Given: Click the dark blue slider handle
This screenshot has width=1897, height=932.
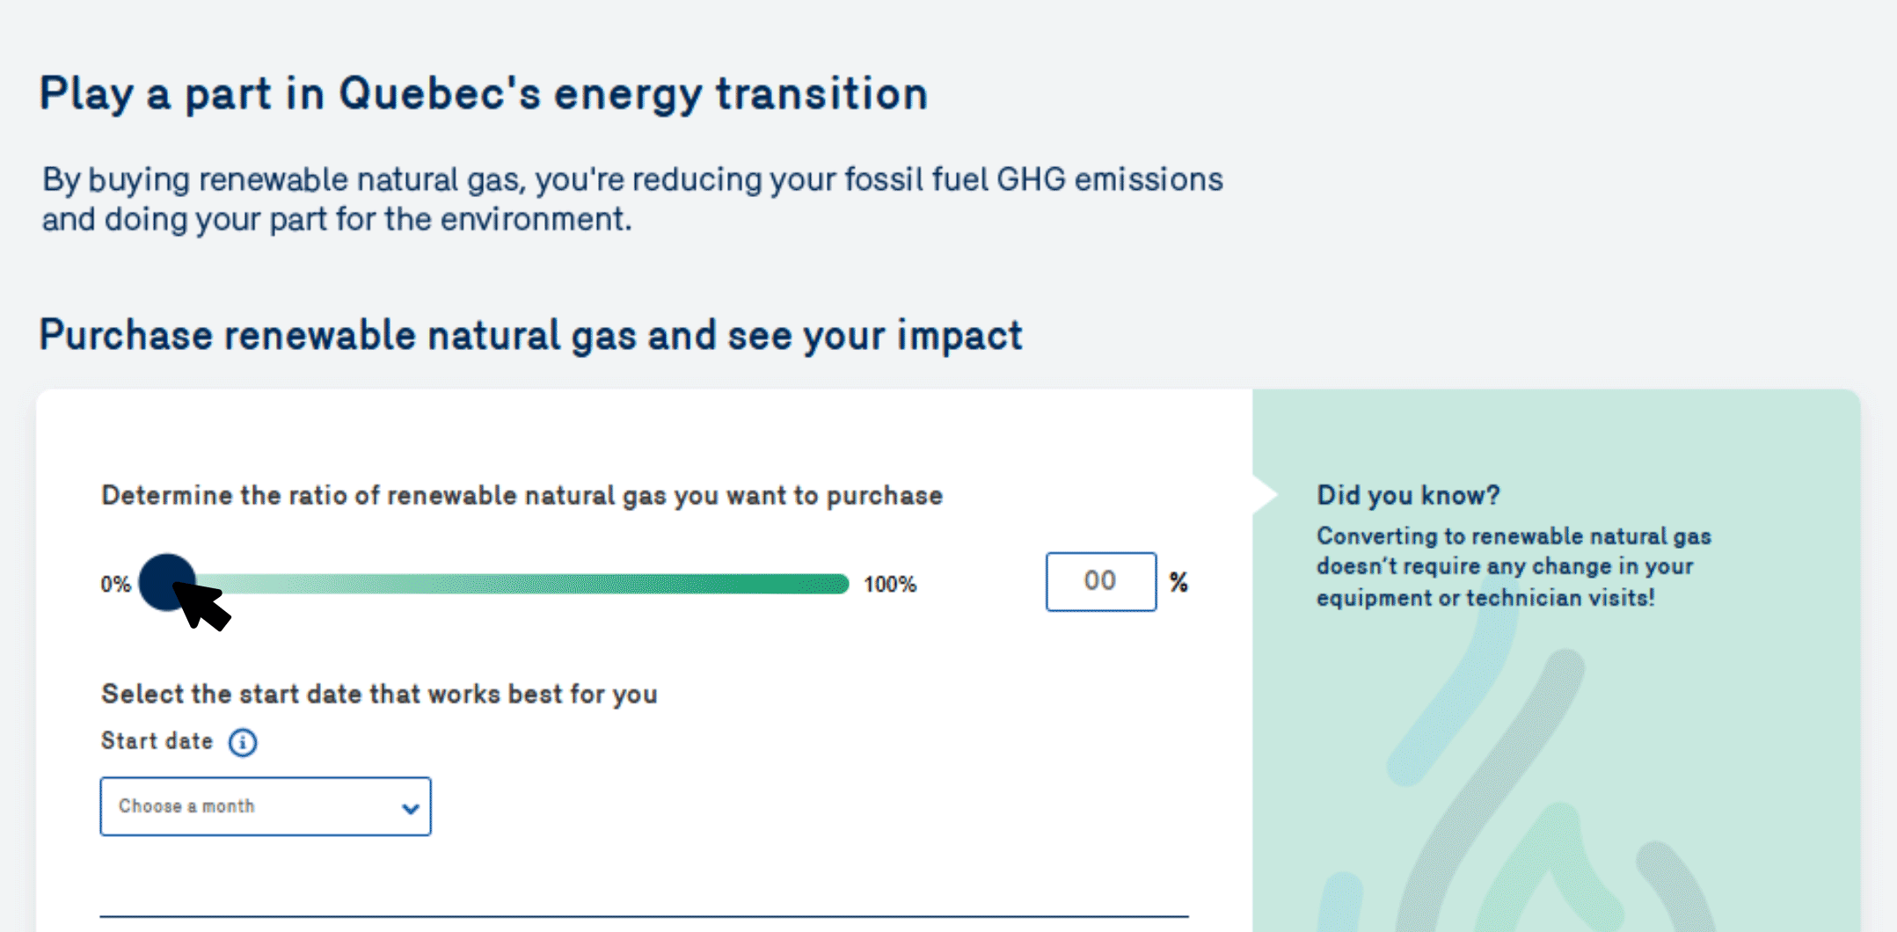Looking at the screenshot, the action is [166, 582].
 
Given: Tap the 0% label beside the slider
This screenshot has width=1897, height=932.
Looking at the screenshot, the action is [115, 585].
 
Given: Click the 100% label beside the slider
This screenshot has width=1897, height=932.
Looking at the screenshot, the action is [890, 585].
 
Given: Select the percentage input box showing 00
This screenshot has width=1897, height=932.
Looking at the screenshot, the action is [1100, 581].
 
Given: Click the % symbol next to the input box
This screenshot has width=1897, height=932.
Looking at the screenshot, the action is [1178, 582].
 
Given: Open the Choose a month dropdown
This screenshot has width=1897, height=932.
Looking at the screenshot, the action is [266, 806].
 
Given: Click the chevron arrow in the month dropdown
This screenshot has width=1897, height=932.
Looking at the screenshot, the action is [410, 808].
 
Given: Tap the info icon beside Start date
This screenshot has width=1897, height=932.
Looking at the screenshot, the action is [243, 743].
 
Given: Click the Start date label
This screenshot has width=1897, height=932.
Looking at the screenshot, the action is [157, 741].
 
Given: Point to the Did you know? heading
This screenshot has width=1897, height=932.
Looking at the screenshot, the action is [1408, 495].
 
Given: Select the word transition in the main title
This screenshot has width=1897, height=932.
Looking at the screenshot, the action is [821, 94].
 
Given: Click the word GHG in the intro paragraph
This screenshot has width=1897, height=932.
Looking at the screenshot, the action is [1030, 179].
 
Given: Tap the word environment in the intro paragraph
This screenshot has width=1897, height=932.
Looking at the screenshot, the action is [536, 219].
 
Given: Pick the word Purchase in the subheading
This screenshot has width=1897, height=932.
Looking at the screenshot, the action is [126, 336].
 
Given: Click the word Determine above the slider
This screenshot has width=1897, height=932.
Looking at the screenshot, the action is [167, 495].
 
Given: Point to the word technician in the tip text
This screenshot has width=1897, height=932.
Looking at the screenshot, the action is [1531, 598].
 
